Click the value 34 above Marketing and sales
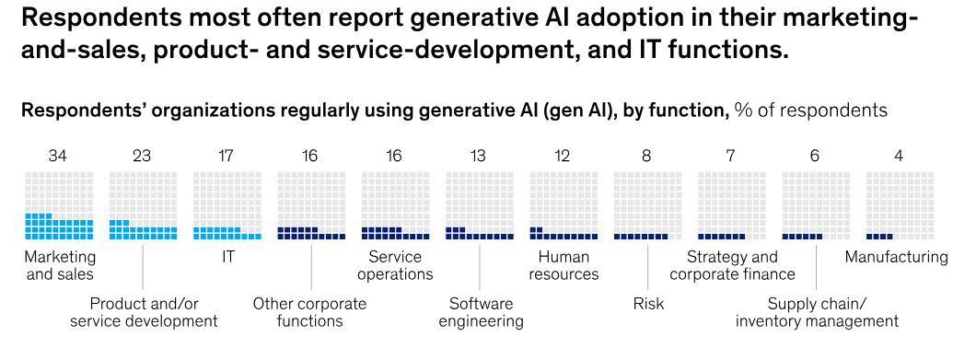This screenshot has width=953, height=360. (59, 157)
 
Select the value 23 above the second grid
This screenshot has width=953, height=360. (143, 157)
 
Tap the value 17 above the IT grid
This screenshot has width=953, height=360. (227, 157)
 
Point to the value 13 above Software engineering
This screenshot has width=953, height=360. (479, 157)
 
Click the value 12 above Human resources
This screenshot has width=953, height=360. (563, 157)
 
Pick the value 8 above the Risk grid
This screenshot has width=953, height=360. (646, 157)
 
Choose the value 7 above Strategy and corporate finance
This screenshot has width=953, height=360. (730, 157)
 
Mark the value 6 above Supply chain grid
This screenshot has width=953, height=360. (815, 157)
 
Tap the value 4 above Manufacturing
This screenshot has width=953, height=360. (899, 157)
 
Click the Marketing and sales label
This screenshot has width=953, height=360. (60, 265)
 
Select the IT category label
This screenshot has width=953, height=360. (227, 257)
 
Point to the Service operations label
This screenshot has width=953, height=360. (395, 265)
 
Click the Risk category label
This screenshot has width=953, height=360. (648, 304)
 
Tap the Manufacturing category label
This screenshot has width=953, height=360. (895, 257)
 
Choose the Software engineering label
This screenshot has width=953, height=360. (481, 312)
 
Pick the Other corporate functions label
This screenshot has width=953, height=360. (309, 312)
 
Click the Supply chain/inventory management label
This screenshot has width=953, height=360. (816, 312)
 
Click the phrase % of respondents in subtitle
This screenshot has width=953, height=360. (810, 110)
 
